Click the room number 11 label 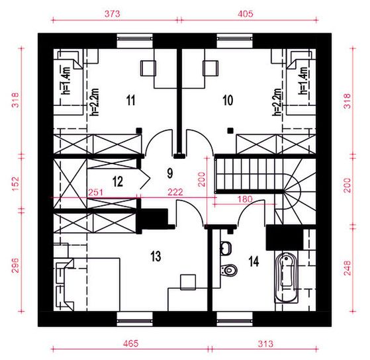(x=130, y=101)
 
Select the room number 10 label (x=228, y=101)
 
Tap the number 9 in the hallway (x=169, y=174)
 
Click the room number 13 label (x=156, y=255)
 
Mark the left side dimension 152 (x=14, y=180)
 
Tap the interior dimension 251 (x=95, y=192)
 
